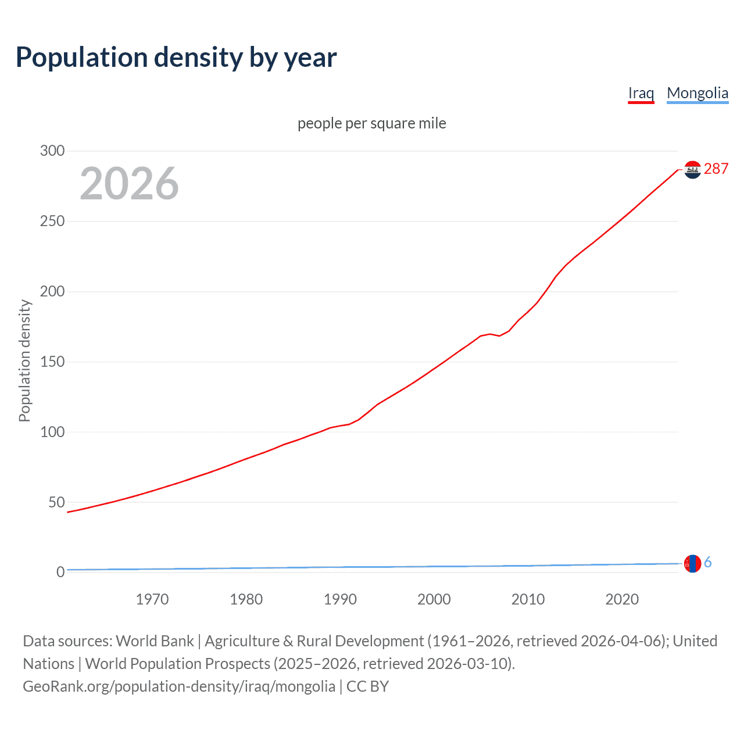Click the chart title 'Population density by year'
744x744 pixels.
click(x=176, y=58)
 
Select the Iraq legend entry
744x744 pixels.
click(x=641, y=93)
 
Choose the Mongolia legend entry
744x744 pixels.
click(x=697, y=93)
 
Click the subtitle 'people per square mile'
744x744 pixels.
click(x=371, y=123)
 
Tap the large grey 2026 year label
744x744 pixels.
click(x=129, y=184)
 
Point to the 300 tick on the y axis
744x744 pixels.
click(x=52, y=151)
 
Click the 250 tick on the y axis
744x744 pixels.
click(x=52, y=221)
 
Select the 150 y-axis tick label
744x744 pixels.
click(x=52, y=362)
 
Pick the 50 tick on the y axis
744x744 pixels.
click(x=56, y=502)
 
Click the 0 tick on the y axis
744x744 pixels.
click(x=60, y=573)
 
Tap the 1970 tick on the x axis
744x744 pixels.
click(x=152, y=599)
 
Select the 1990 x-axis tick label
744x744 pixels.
click(x=340, y=599)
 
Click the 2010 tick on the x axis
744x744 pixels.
click(x=528, y=599)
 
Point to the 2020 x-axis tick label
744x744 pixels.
click(x=622, y=599)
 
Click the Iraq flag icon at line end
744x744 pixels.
click(x=692, y=169)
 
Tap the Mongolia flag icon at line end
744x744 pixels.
click(x=692, y=563)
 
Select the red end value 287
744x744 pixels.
click(x=716, y=169)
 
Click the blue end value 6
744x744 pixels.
click(x=707, y=563)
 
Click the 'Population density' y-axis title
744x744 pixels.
click(x=24, y=360)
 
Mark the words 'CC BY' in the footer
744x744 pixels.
click(x=367, y=686)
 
